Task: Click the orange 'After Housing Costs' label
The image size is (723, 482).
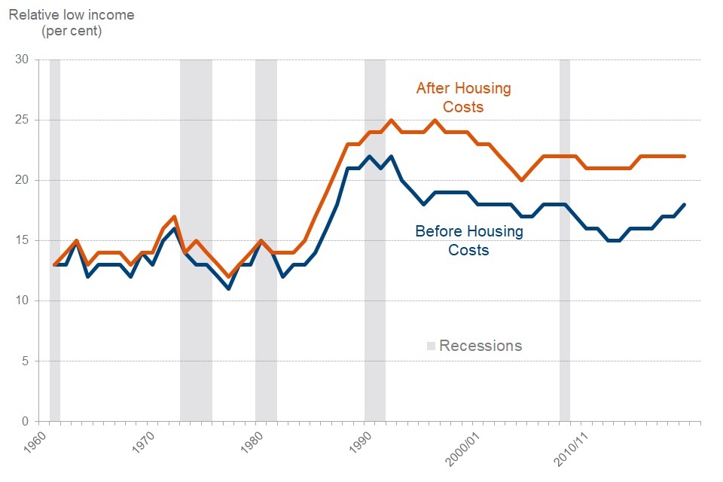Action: click(463, 98)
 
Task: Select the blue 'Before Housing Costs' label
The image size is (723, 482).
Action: click(468, 240)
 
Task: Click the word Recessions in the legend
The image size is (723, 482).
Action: click(480, 346)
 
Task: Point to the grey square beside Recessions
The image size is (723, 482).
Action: click(432, 346)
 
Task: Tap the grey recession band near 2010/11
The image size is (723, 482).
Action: click(564, 241)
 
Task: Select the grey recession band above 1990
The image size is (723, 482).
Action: click(375, 241)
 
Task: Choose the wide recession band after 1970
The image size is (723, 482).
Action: click(196, 241)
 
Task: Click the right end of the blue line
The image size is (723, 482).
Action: click(683, 204)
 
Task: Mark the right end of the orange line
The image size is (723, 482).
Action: click(683, 156)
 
